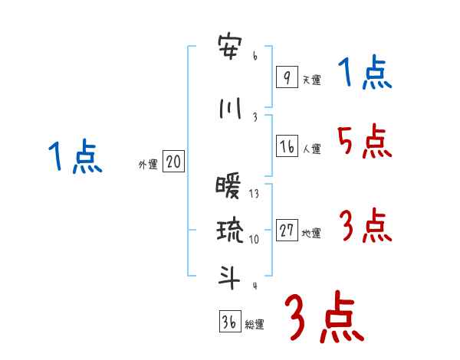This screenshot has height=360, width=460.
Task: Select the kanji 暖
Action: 229,187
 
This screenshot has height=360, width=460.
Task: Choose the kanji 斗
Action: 229,277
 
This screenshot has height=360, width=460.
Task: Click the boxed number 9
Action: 286,77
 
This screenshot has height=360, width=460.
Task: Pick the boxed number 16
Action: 287,147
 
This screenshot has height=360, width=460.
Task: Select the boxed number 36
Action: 228,322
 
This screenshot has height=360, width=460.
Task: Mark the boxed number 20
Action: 173,162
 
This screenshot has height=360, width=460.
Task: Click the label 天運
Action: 310,80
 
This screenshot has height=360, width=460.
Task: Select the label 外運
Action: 147,164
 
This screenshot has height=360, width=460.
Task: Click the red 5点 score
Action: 364,141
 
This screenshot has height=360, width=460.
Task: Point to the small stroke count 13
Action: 254,194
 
